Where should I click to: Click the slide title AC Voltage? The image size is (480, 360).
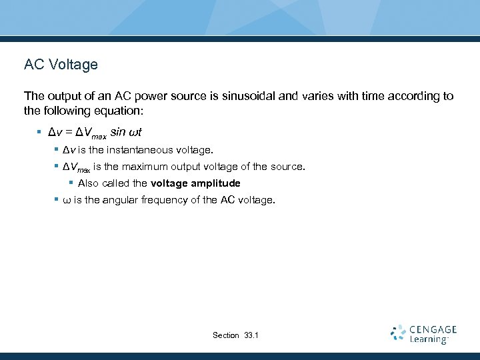[x=61, y=65]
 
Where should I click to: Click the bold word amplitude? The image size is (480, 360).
[x=215, y=183]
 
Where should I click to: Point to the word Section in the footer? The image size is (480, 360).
[x=225, y=335]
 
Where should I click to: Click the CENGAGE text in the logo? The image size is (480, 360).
[x=433, y=329]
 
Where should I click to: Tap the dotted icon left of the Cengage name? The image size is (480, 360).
[x=398, y=333]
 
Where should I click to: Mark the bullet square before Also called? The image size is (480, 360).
[x=71, y=183]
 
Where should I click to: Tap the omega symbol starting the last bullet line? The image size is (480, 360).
[x=66, y=200]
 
